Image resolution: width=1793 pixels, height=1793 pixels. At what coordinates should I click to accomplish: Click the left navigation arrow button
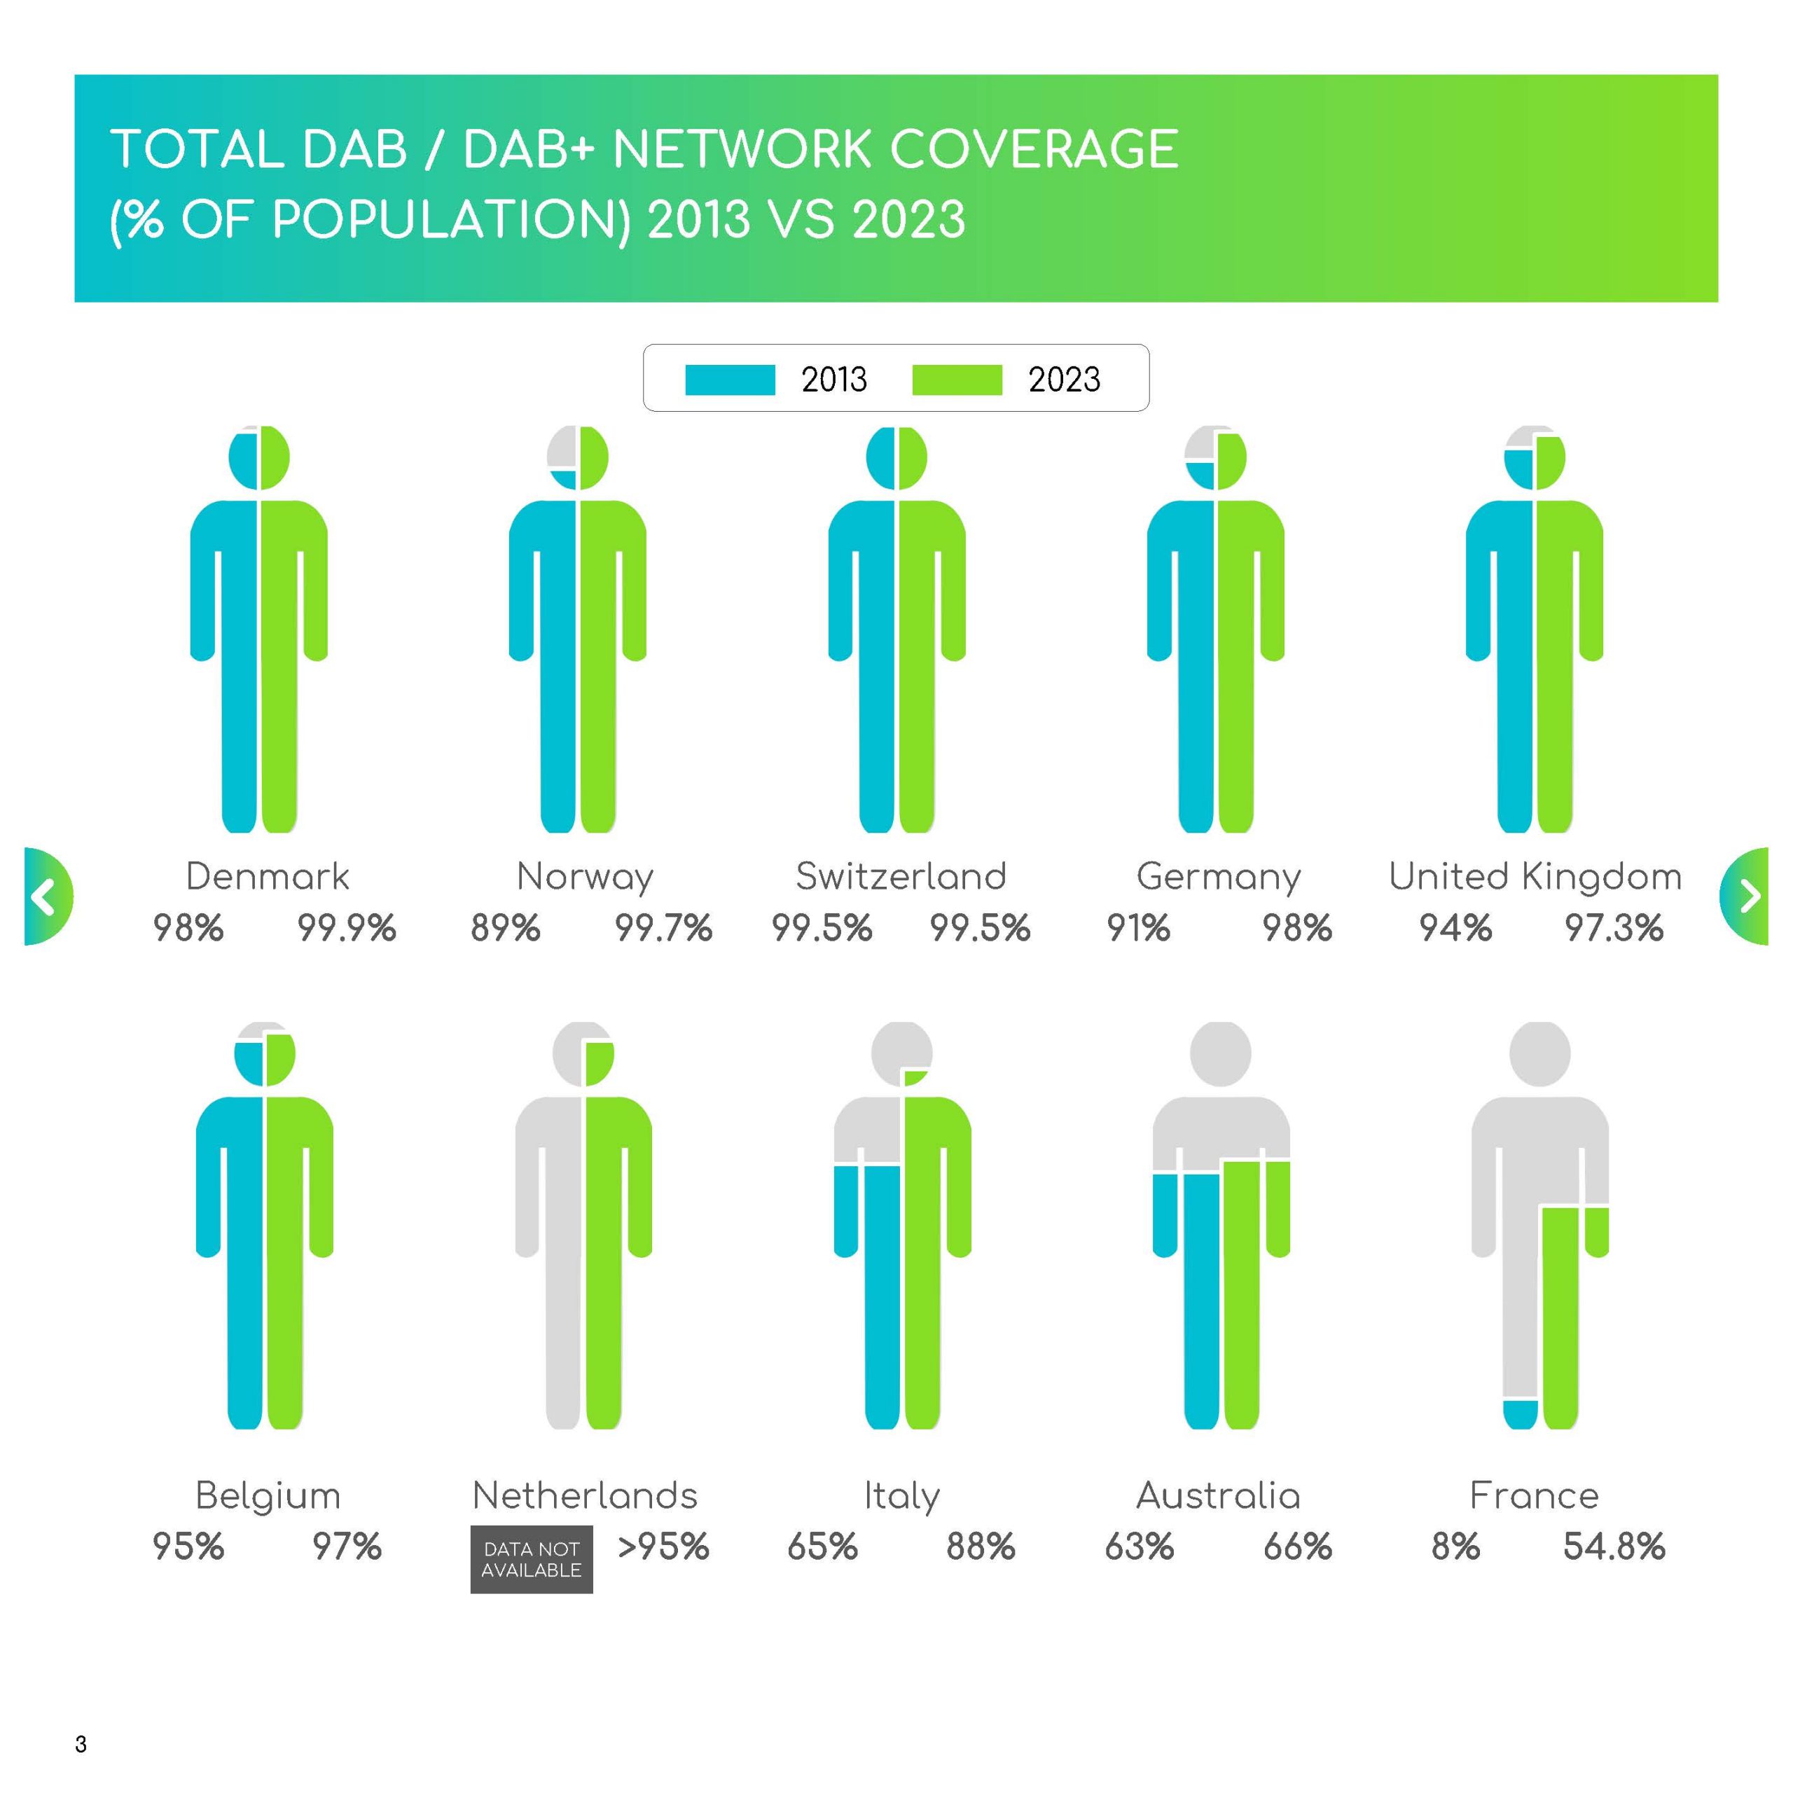pos(46,896)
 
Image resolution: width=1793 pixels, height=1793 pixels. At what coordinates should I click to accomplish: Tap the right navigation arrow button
pos(1745,896)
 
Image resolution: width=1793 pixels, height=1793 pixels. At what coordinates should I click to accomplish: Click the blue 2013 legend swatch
pos(731,380)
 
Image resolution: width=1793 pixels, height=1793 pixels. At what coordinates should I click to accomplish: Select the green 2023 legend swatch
pos(957,380)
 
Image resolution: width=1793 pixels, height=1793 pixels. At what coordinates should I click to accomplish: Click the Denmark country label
pos(268,876)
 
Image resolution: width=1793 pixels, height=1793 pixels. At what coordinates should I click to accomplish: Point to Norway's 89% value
pos(506,928)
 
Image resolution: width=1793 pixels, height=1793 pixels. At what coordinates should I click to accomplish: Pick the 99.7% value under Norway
pos(663,928)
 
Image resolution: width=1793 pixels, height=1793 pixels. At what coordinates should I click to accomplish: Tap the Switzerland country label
pos(901,876)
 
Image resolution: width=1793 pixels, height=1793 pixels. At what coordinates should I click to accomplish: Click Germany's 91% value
pos(1139,928)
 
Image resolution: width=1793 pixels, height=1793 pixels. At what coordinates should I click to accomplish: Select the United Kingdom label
pos(1535,876)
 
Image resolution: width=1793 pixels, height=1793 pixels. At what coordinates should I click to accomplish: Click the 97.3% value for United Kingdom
pos(1614,928)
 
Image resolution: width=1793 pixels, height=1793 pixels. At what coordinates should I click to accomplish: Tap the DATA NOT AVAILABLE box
pos(532,1559)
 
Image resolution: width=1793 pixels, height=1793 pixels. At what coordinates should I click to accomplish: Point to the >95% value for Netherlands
pos(663,1547)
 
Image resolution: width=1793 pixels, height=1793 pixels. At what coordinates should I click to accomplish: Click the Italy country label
pos(902,1496)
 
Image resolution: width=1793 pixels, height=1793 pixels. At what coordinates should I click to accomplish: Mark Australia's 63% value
pos(1140,1547)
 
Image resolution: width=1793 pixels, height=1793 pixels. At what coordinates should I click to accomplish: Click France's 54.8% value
pos(1614,1547)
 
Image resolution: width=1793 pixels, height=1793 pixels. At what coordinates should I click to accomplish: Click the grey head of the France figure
pos(1539,1054)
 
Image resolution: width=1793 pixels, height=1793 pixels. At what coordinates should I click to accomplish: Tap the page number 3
pos(81,1744)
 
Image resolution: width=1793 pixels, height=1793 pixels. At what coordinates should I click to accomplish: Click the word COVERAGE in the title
pos(1034,149)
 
